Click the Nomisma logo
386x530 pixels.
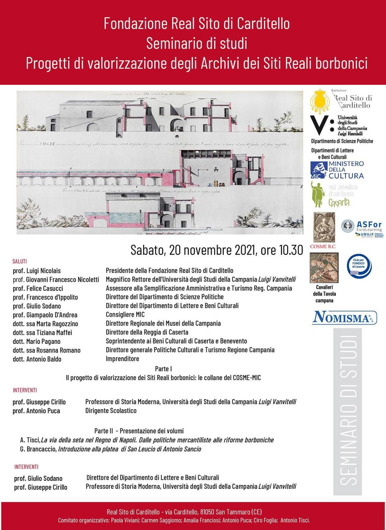345,317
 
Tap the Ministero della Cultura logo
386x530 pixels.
337,170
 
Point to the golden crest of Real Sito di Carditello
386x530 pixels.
320,101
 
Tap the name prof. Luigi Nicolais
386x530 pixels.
36,271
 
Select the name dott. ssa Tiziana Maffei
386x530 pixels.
42,332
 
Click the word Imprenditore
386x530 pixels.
122,359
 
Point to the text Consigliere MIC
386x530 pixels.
125,314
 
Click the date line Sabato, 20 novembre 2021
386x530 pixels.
217,250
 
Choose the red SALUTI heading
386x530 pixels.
20,261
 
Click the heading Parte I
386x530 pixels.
163,369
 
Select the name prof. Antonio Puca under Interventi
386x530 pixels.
36,411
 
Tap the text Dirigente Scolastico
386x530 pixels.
111,411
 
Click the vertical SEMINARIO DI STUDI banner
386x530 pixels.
348,411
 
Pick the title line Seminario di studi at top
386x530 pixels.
197,43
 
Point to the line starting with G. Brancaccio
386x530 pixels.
110,449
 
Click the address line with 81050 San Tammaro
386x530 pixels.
184,512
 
